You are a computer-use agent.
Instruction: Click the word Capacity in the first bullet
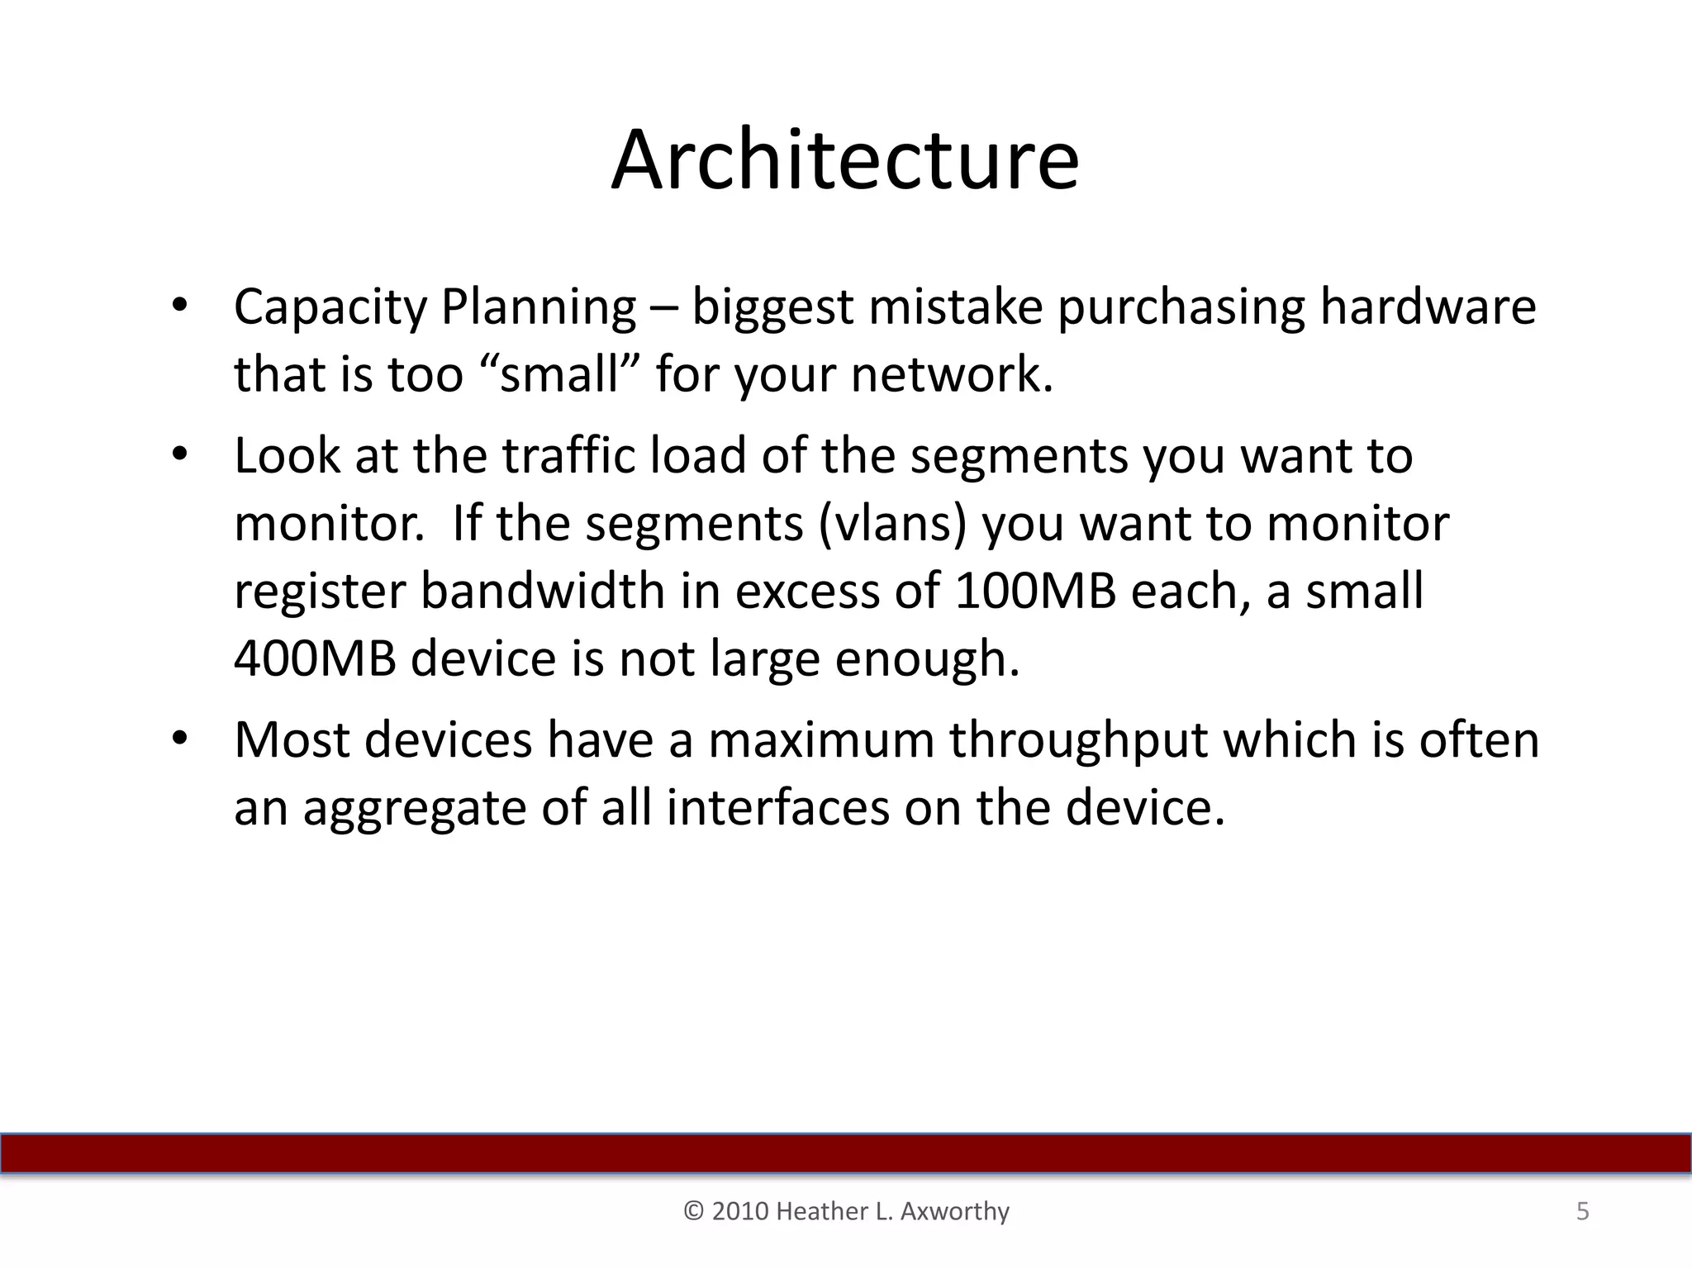coord(330,307)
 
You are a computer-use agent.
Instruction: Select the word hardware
coord(1428,307)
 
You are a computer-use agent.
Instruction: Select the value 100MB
coord(1034,592)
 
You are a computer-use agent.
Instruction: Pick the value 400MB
coord(315,658)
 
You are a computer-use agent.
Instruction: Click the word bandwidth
coord(543,592)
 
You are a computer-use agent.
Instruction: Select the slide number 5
coord(1582,1211)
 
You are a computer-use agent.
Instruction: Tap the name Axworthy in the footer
coord(954,1211)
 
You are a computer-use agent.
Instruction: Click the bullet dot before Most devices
coord(181,738)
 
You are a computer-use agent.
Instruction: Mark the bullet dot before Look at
coord(181,454)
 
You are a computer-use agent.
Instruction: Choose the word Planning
coord(538,307)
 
